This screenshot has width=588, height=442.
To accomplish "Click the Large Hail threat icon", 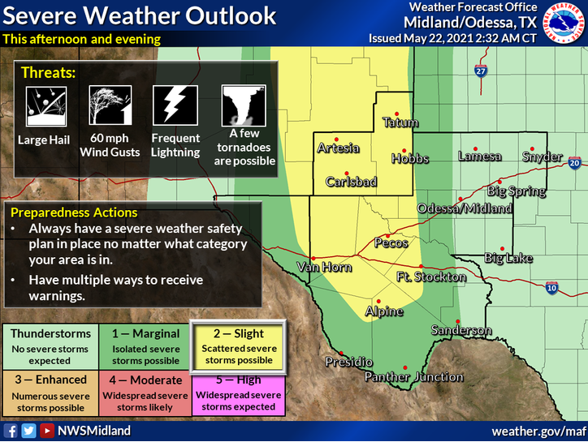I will (x=37, y=105).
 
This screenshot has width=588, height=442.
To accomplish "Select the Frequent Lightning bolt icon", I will (x=175, y=105).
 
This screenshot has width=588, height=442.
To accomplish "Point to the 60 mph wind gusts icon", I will (x=110, y=105).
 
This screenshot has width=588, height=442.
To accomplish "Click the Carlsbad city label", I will (x=352, y=182).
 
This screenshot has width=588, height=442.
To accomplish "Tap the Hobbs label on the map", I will (x=409, y=159).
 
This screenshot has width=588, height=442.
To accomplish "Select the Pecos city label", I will (x=391, y=243).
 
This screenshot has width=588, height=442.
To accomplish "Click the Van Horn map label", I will (x=318, y=267).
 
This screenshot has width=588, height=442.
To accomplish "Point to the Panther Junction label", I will (x=413, y=377).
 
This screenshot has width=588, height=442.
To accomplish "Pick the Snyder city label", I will (x=542, y=157).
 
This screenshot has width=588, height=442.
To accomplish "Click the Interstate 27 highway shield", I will (x=481, y=72).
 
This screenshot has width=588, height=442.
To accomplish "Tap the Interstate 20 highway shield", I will (x=574, y=165).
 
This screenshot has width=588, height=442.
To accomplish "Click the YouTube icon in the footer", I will (x=48, y=431).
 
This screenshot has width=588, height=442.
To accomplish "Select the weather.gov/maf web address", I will (x=538, y=431).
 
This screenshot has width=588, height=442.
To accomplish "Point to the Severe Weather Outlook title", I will (x=140, y=16).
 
